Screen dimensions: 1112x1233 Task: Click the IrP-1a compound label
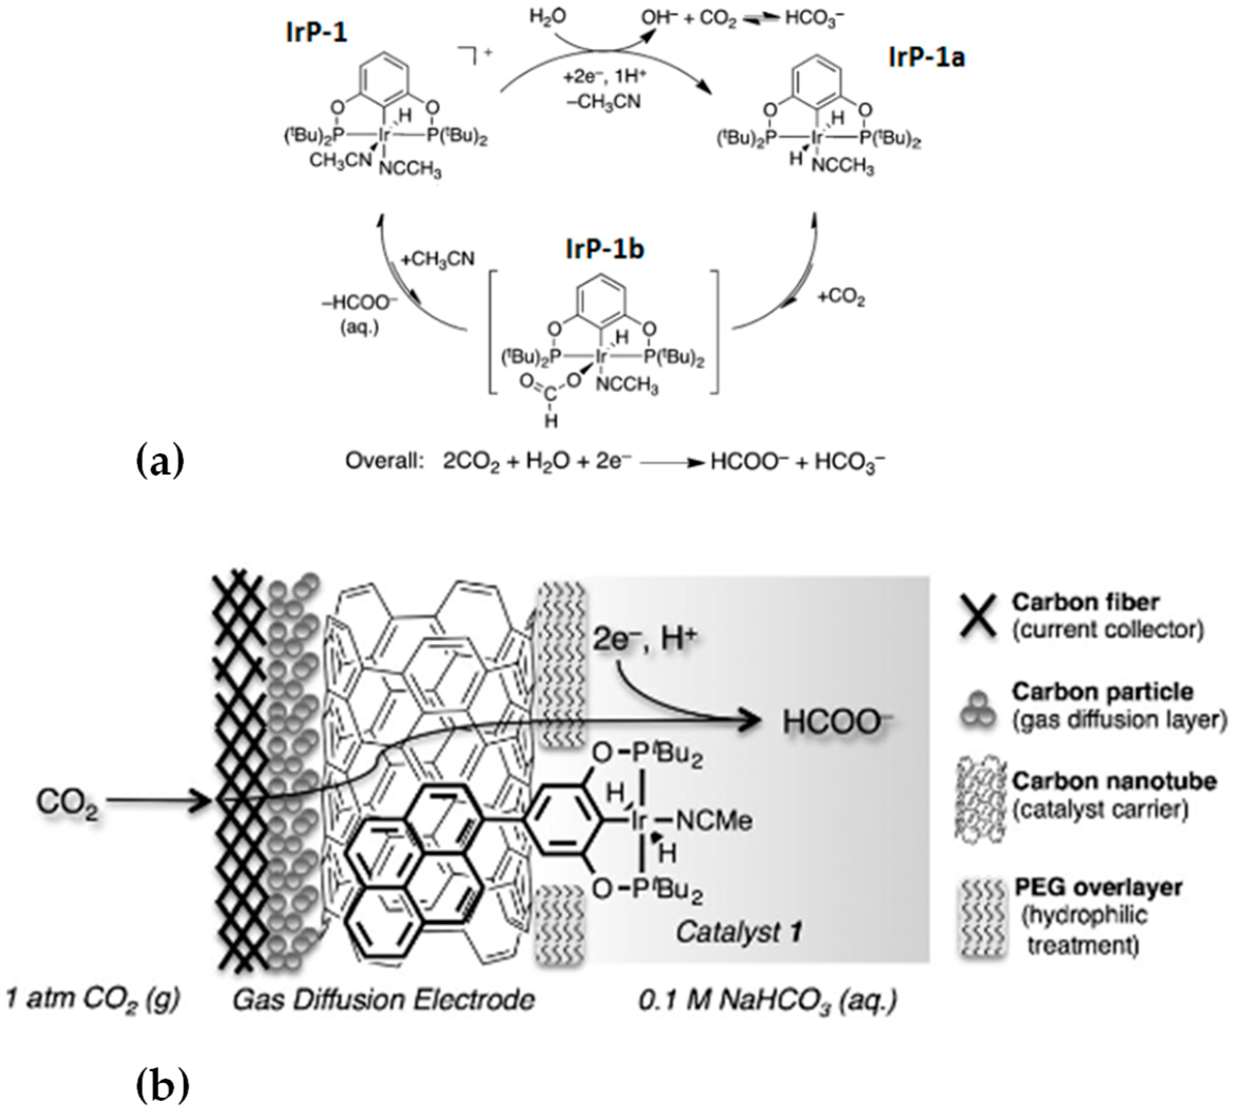click(926, 59)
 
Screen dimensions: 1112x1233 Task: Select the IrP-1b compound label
click(604, 249)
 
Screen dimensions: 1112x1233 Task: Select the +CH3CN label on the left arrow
click(437, 259)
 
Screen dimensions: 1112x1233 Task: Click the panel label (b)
click(161, 1085)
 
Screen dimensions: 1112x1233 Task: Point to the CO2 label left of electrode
click(67, 802)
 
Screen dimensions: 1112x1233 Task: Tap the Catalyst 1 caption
click(738, 932)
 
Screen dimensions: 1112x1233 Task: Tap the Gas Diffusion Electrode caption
click(384, 1000)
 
